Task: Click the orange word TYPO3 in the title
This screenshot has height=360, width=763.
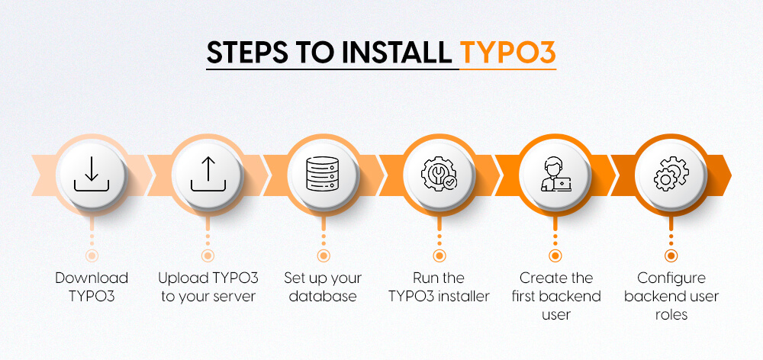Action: pos(508,55)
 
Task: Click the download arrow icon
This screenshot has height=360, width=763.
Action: pos(92,175)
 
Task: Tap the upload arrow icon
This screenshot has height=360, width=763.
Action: pos(208,175)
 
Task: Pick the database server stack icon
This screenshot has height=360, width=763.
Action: pos(324,175)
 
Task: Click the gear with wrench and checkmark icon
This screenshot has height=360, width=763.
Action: pos(439,175)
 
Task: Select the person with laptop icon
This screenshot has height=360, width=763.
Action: pos(555,175)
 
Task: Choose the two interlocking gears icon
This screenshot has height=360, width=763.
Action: pos(671,175)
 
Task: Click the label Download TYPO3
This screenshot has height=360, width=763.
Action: pos(92,287)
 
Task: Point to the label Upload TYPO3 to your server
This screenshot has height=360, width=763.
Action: pos(208,287)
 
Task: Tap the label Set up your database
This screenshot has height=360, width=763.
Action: pos(324,287)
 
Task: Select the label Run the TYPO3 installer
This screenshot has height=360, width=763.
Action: pos(439,287)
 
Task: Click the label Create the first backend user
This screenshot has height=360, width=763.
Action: pos(555,296)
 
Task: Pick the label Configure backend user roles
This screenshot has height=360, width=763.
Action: pos(671,296)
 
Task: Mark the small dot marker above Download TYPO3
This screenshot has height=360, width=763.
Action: pos(92,256)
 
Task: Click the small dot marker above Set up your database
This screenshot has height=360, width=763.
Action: pos(324,256)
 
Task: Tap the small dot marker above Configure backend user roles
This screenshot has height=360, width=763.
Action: pos(671,256)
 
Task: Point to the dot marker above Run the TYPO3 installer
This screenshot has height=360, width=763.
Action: pos(439,256)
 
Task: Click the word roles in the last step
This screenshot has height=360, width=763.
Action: pos(671,314)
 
